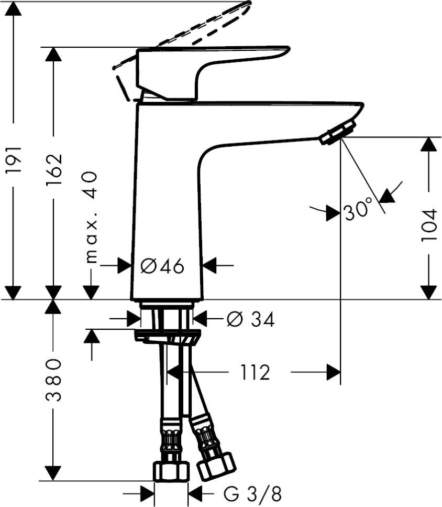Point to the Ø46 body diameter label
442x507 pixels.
point(163,266)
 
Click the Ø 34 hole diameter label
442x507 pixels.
point(250,319)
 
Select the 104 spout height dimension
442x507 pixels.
point(429,225)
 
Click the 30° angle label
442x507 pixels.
point(359,211)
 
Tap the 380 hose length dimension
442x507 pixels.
point(53,380)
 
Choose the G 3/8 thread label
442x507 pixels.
point(252,493)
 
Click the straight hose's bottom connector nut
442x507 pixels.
point(171,471)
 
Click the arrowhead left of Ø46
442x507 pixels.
point(125,266)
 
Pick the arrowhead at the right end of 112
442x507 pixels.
point(333,372)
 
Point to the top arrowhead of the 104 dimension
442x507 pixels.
point(429,144)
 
